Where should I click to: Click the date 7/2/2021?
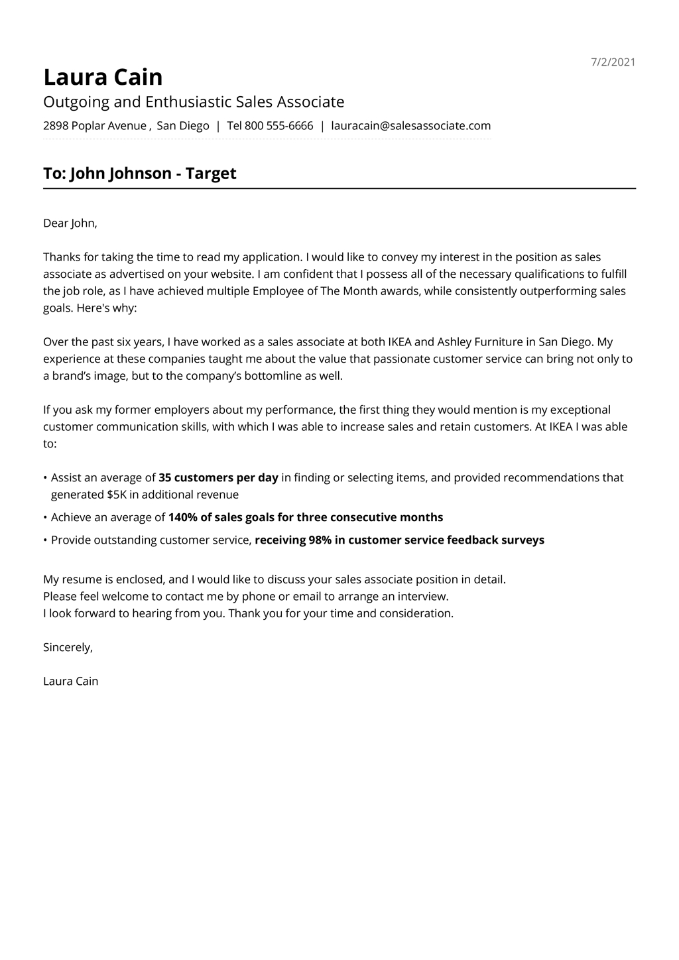613,62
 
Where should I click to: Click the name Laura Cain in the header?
103,78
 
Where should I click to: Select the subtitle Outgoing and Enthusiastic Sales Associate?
194,102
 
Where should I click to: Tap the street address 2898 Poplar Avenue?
95,126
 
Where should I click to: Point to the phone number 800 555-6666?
278,126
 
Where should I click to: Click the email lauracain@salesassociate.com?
410,126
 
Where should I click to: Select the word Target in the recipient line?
211,174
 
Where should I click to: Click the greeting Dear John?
70,223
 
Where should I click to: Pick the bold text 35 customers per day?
218,478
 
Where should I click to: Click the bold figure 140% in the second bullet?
183,518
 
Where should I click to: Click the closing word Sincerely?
68,648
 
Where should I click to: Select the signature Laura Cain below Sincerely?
70,682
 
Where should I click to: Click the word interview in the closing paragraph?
422,597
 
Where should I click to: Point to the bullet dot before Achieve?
45,518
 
